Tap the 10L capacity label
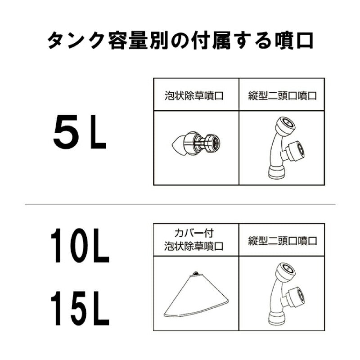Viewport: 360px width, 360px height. tap(79, 247)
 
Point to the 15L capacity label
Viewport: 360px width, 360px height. tap(79, 310)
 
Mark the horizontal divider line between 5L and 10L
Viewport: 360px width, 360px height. tap(180, 204)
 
